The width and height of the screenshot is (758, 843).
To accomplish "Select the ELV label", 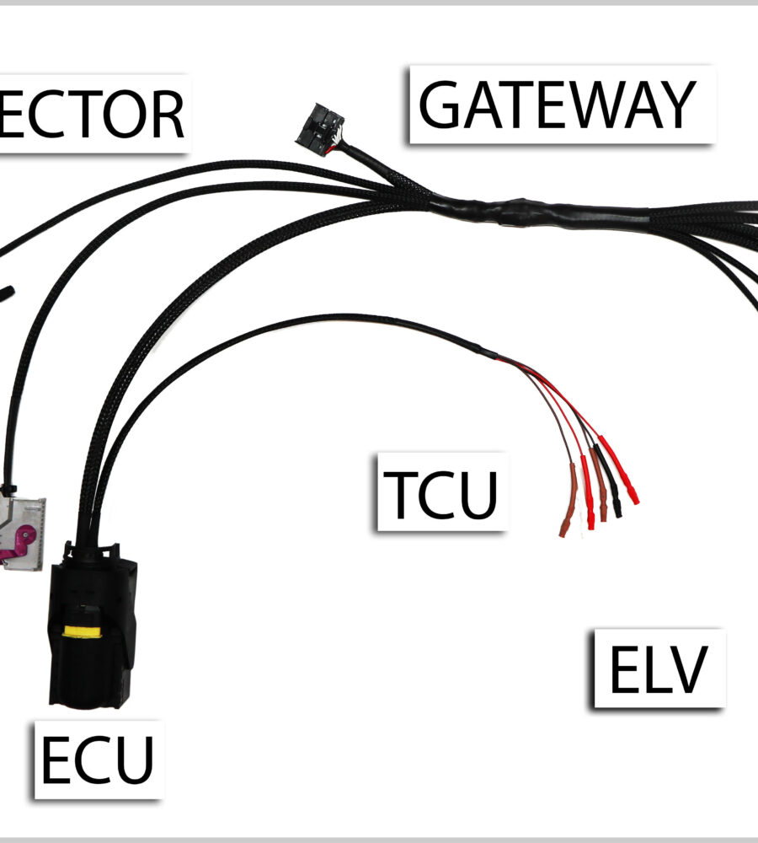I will tap(658, 668).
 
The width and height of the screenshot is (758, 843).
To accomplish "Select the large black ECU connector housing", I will tap(88, 632).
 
